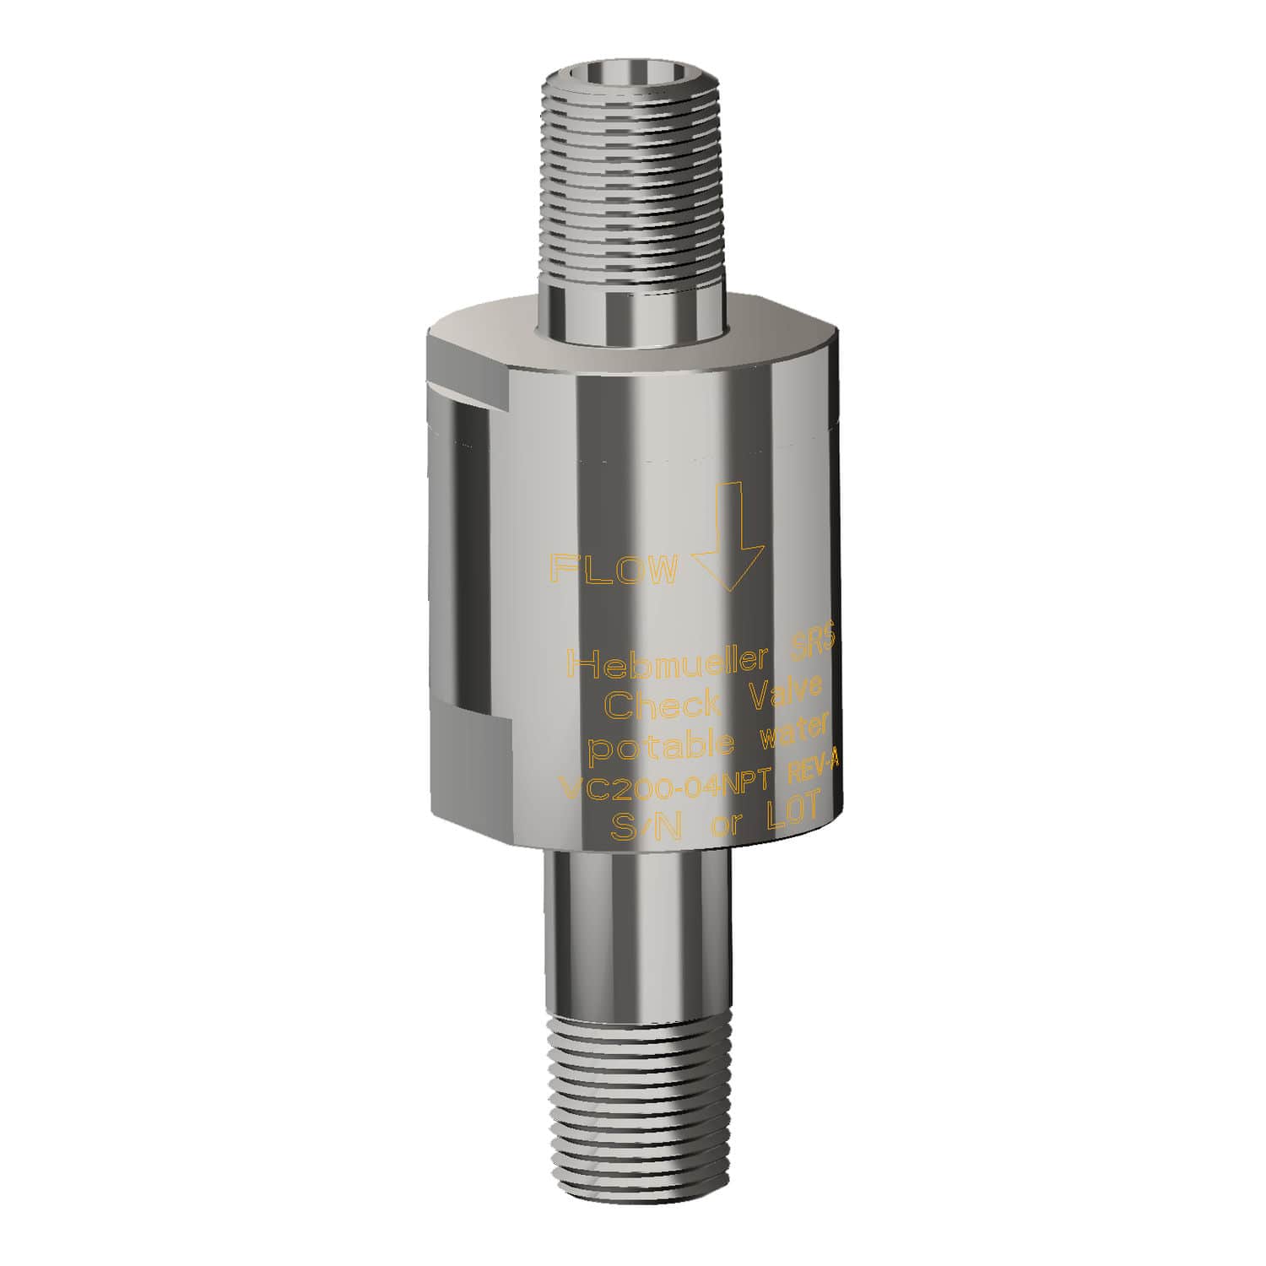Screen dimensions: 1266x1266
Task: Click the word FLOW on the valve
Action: tap(614, 570)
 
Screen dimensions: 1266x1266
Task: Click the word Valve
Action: tap(785, 690)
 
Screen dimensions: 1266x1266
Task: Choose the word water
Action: tap(797, 730)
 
